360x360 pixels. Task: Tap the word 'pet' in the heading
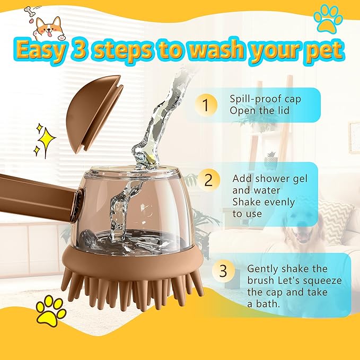pos(323,50)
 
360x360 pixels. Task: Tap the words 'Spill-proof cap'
pos(260,99)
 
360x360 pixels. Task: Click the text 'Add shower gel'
pos(267,179)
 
